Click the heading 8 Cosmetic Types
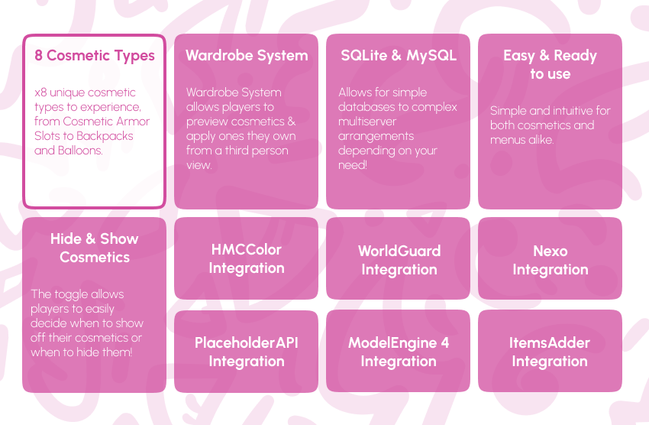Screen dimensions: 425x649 point(95,56)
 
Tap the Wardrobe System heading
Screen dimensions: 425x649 point(247,56)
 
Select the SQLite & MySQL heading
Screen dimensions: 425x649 point(399,56)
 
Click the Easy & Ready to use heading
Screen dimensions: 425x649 point(550,65)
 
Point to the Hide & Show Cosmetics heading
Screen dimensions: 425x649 point(95,248)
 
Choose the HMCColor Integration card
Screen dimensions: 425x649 point(247,258)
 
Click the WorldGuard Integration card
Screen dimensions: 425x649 point(399,260)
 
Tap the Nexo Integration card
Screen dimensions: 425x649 point(550,260)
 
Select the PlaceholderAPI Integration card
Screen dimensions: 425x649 point(247,352)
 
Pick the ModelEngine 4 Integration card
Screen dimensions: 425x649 point(399,352)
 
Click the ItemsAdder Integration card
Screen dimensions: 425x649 point(550,352)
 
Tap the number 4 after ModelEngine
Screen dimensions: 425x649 point(444,342)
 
